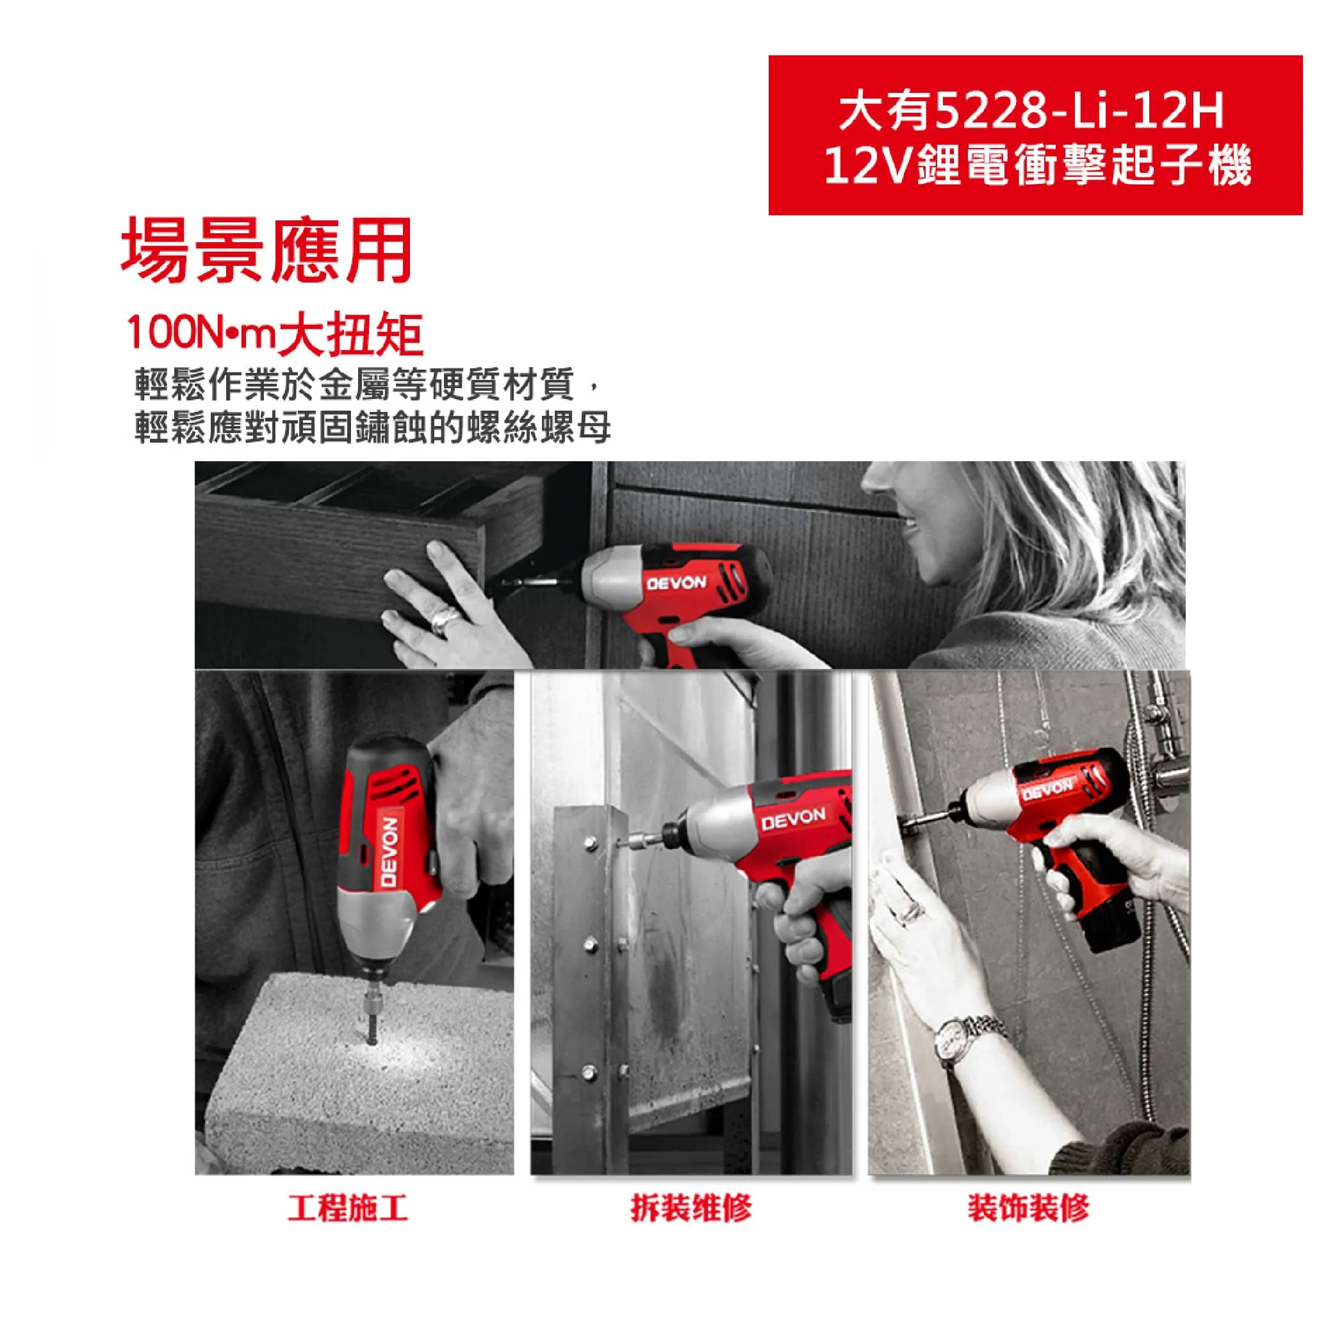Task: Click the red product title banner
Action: tap(1035, 135)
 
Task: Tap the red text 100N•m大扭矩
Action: tap(274, 334)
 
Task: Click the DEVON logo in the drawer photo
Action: tap(676, 582)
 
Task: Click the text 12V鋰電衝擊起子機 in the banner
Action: tap(1036, 166)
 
